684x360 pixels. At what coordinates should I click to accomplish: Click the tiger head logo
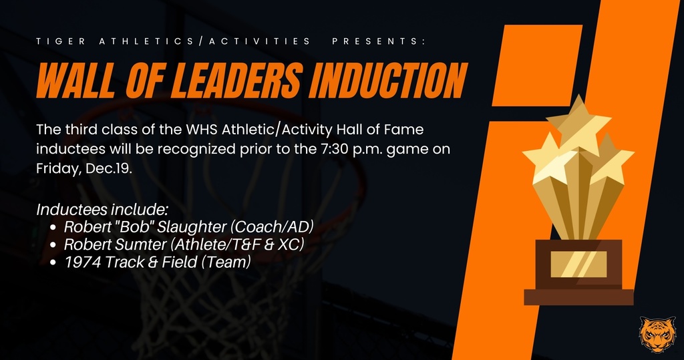[x=657, y=335]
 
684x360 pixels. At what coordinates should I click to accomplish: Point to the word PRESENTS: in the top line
[x=378, y=41]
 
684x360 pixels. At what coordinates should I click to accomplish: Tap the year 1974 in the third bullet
[x=79, y=262]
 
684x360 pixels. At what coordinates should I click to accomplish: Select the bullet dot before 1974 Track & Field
[x=55, y=263]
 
